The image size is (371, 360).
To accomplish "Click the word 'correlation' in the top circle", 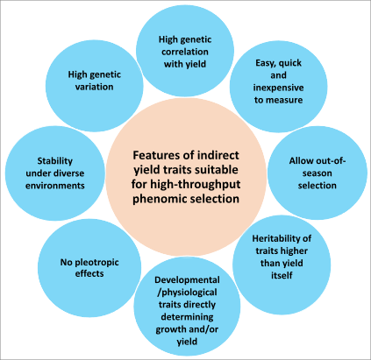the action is pyautogui.click(x=185, y=52).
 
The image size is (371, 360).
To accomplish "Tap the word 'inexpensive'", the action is pyautogui.click(x=278, y=88).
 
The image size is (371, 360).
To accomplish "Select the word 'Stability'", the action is pyautogui.click(x=55, y=161).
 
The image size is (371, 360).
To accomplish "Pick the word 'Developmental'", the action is pyautogui.click(x=187, y=280).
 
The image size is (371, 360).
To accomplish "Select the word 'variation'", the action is pyautogui.click(x=94, y=87).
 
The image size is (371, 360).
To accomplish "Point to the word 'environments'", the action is pyautogui.click(x=55, y=186).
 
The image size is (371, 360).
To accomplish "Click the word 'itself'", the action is pyautogui.click(x=282, y=275).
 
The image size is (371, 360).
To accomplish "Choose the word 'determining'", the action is pyautogui.click(x=187, y=317).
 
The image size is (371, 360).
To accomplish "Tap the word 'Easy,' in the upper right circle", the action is pyautogui.click(x=266, y=63).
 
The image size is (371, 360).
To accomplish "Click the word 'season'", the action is pyautogui.click(x=317, y=173).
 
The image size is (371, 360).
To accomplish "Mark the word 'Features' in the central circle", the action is pyautogui.click(x=153, y=155).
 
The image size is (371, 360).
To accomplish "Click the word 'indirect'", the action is pyautogui.click(x=218, y=155).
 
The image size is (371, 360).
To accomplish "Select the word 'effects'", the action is pyautogui.click(x=89, y=273).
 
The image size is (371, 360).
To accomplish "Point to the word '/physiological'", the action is pyautogui.click(x=187, y=293).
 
